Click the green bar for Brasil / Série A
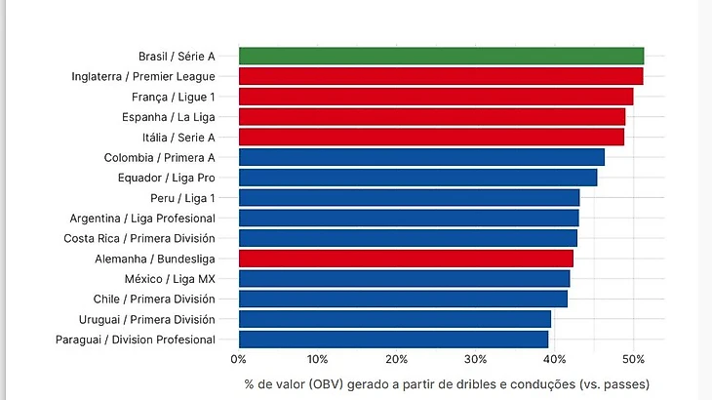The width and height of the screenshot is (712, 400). click(x=441, y=56)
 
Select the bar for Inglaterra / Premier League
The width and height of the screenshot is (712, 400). click(x=441, y=76)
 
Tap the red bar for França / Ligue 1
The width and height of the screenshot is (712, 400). click(x=436, y=97)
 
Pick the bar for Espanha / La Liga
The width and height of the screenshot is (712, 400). click(x=432, y=116)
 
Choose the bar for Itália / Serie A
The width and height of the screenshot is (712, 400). click(x=431, y=137)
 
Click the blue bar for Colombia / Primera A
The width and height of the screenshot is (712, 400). click(x=421, y=157)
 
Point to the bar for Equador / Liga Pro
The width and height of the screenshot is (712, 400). click(x=417, y=178)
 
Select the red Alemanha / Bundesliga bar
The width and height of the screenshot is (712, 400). click(x=406, y=259)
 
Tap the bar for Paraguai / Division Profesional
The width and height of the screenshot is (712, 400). click(x=393, y=340)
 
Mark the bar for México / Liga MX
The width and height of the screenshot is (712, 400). click(x=404, y=279)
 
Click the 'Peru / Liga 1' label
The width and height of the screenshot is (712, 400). click(x=182, y=198)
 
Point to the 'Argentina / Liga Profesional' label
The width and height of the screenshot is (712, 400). click(x=142, y=219)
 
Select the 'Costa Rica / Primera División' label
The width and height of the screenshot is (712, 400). click(x=139, y=238)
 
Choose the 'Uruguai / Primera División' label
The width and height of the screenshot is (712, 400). click(x=146, y=320)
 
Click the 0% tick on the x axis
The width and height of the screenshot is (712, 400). click(x=238, y=359)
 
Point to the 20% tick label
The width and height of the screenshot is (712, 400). click(x=396, y=359)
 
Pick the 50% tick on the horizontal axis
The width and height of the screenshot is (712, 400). click(x=633, y=359)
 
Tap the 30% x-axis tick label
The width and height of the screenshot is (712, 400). click(x=475, y=359)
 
